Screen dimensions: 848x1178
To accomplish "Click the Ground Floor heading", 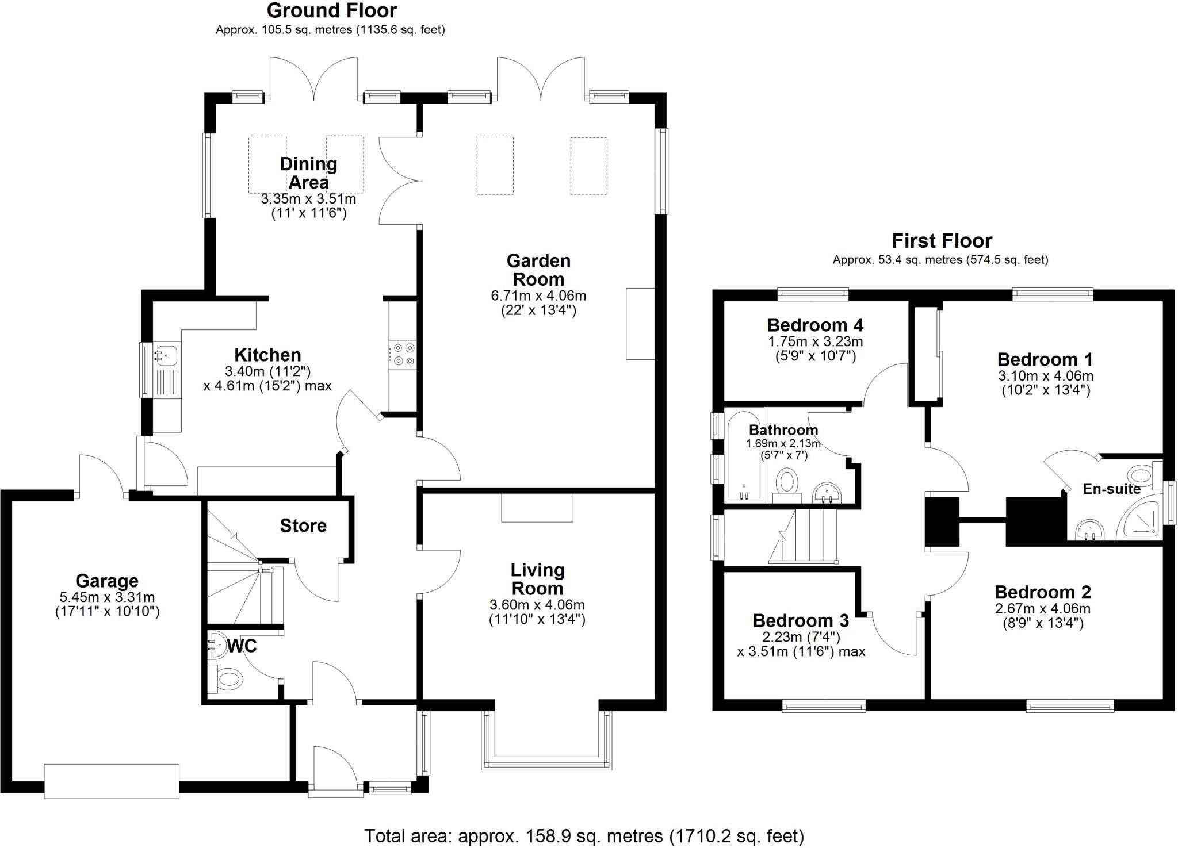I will click(331, 10).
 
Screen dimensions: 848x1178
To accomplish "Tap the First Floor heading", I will click(942, 240).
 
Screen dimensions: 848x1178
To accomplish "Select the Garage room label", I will click(107, 581).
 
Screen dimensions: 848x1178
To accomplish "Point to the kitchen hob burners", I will click(402, 355).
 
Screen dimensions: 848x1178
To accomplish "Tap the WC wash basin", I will click(216, 646).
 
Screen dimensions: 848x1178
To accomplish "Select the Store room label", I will click(303, 525).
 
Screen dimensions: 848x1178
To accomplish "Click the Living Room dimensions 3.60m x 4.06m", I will click(537, 605).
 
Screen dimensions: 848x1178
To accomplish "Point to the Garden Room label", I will click(538, 270).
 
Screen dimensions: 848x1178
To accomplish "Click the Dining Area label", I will click(308, 173).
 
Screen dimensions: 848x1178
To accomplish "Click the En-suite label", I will click(1111, 489).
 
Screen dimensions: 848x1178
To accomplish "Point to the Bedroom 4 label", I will click(815, 325).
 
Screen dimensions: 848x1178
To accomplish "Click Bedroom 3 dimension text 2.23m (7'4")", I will click(801, 637).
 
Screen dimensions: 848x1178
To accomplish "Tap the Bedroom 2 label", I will click(1042, 592).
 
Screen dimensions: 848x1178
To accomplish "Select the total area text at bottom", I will click(584, 835).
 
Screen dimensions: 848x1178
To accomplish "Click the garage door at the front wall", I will click(112, 781).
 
